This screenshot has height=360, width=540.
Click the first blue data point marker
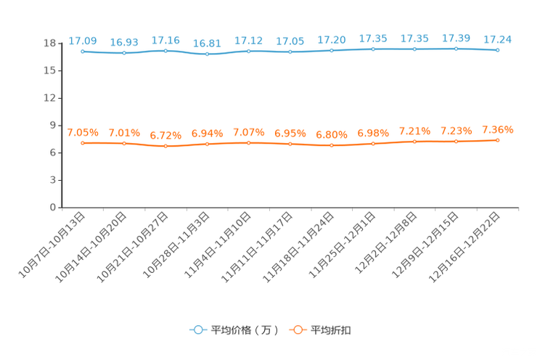(83, 52)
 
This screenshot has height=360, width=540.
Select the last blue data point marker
(497, 50)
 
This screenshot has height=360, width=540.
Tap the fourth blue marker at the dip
(207, 54)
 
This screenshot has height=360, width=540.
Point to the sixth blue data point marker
(290, 52)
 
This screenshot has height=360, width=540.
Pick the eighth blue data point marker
(373, 49)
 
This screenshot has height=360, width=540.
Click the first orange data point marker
(83, 143)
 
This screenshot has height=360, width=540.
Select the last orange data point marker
(497, 140)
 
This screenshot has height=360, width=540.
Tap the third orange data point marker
(165, 146)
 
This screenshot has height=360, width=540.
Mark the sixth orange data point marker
(290, 144)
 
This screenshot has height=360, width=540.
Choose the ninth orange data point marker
(414, 142)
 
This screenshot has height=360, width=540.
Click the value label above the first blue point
(83, 41)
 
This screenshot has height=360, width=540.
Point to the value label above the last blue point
(497, 39)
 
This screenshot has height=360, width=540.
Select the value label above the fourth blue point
(207, 44)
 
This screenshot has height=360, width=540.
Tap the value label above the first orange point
(83, 132)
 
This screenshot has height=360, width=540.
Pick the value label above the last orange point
(497, 129)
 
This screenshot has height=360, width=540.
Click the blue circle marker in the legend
(197, 330)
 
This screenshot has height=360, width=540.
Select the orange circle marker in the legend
(297, 330)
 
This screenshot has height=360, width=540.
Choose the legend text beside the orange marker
(332, 330)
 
